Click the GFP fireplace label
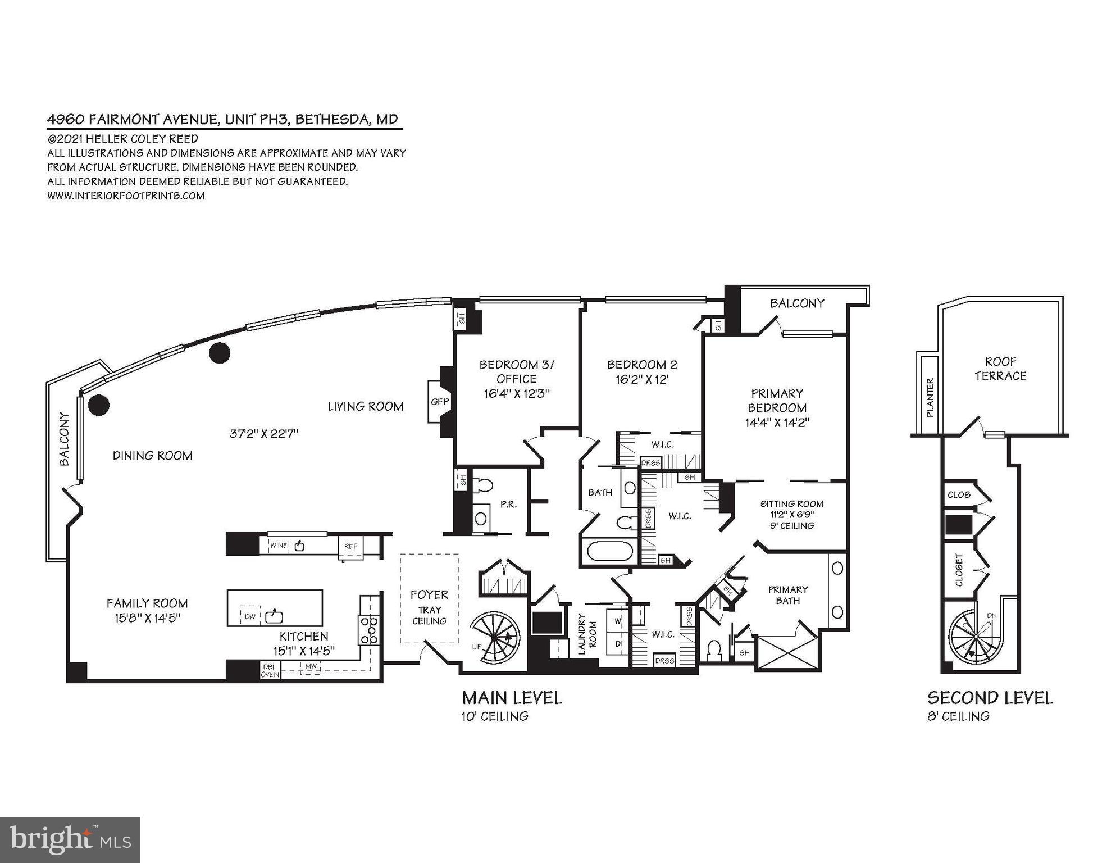[440, 402]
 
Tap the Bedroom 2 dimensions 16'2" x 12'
[642, 379]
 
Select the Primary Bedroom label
[777, 401]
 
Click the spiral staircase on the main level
[494, 638]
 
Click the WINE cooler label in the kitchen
[278, 545]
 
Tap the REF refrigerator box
[351, 546]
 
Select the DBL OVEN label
[270, 670]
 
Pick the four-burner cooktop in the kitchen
[369, 630]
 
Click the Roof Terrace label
[1000, 369]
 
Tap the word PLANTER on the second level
[930, 398]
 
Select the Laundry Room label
[587, 634]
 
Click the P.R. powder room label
[508, 505]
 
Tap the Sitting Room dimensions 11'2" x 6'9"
[791, 515]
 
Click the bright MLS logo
[70, 839]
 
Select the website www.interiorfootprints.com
[126, 196]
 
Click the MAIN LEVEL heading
[512, 698]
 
